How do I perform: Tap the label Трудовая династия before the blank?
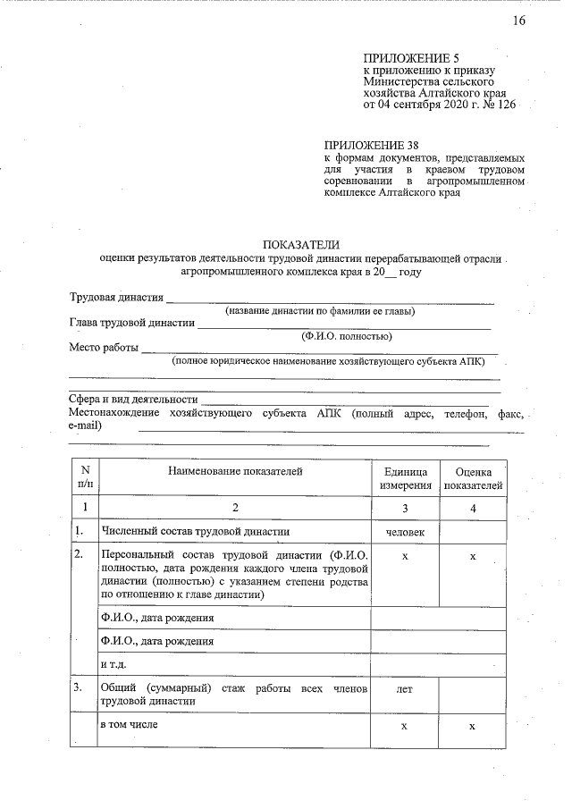click(x=116, y=298)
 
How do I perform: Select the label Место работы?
click(x=103, y=348)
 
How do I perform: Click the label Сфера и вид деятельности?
click(x=133, y=400)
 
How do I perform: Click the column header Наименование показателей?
click(x=234, y=469)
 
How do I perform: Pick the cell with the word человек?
click(x=405, y=533)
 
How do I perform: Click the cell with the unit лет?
click(x=404, y=691)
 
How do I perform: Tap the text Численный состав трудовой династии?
click(x=196, y=532)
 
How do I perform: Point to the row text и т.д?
click(x=114, y=665)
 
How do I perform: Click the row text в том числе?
click(x=130, y=724)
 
